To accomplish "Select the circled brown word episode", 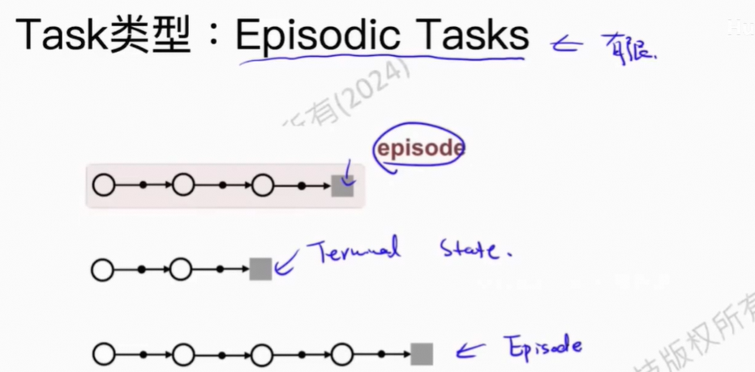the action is [419, 148].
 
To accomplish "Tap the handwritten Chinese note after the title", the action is [628, 48].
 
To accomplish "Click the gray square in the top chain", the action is [342, 186].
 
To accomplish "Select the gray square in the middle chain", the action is [260, 269].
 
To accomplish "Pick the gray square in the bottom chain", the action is [422, 354].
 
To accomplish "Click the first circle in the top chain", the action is [103, 186].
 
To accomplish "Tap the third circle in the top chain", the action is [262, 186].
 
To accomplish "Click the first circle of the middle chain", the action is [103, 269].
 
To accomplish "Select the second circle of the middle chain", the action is [182, 269].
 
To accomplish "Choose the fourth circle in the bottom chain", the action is [342, 354].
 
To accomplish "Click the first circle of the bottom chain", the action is [103, 354].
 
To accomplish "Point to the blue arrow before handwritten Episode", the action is [470, 351].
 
